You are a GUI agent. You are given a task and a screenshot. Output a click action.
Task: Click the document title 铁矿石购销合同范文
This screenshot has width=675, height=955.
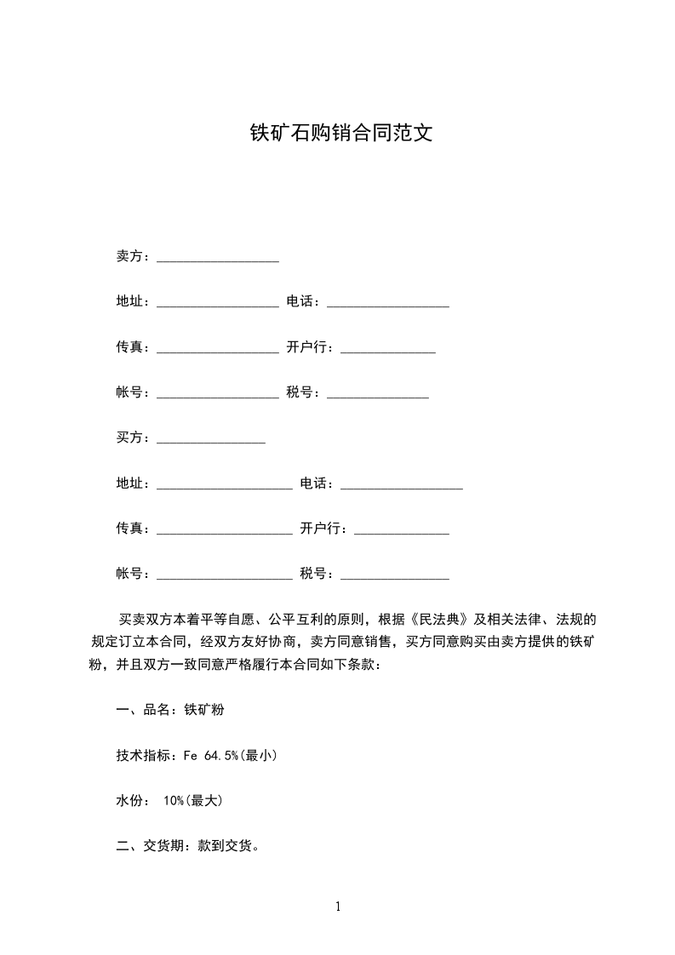[x=340, y=134]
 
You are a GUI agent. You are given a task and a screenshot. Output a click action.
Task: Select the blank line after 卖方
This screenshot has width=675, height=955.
[x=218, y=260]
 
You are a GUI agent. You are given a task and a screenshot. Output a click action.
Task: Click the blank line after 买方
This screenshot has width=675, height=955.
[x=211, y=442]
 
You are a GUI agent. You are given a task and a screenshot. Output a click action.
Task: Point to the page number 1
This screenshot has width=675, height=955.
[x=338, y=906]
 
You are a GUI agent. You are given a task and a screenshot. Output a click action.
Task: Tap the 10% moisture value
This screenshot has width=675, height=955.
[x=174, y=800]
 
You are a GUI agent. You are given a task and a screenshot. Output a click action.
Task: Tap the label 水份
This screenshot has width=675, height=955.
[x=129, y=800]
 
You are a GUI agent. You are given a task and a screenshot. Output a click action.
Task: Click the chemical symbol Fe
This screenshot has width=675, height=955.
[x=191, y=755]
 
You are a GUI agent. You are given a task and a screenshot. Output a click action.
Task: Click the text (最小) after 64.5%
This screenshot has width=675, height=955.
[x=259, y=755]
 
